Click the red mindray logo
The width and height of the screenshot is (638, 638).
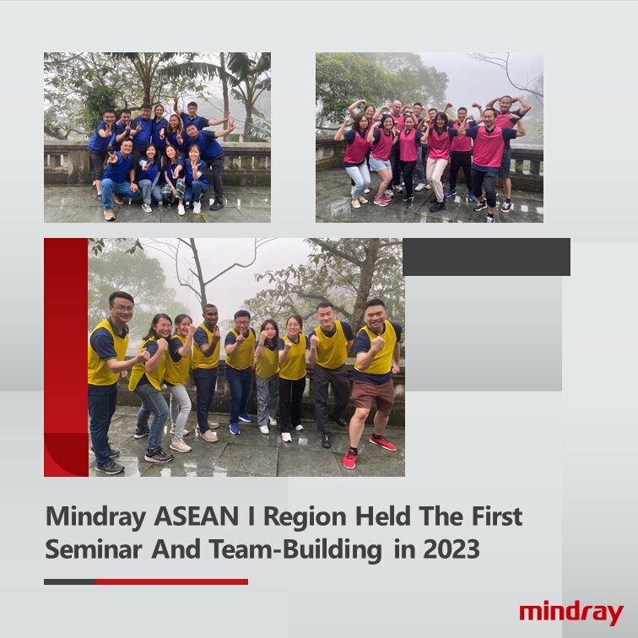coord(570,613)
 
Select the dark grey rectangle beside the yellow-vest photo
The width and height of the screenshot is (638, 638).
coord(486,257)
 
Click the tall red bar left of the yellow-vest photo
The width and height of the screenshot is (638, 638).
coord(66,354)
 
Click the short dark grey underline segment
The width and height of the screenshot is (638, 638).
coord(68,581)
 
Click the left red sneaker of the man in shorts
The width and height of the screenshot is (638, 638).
coord(349,459)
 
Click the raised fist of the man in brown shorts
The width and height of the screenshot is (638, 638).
coord(377,343)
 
